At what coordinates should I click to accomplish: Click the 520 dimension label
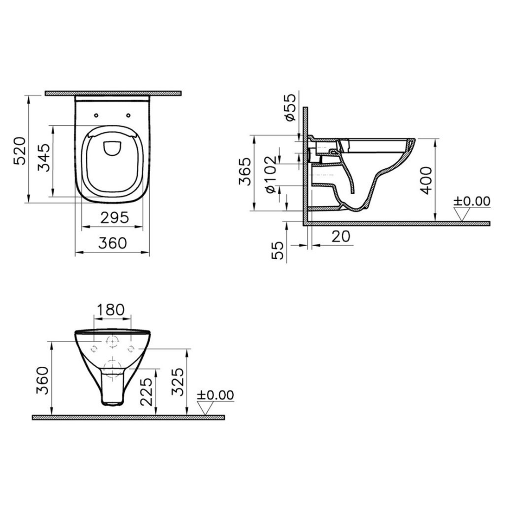(x=19, y=151)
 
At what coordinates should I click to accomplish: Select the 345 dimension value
(x=44, y=158)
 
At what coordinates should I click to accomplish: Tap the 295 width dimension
(x=115, y=217)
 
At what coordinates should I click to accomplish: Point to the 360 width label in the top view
(x=113, y=242)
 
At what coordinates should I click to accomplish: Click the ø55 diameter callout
(x=290, y=107)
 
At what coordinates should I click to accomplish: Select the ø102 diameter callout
(x=270, y=174)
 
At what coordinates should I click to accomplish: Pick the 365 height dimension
(x=245, y=172)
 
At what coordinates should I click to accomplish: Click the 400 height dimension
(x=426, y=180)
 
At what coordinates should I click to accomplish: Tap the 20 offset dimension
(x=341, y=236)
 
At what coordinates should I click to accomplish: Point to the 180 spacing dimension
(x=110, y=310)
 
